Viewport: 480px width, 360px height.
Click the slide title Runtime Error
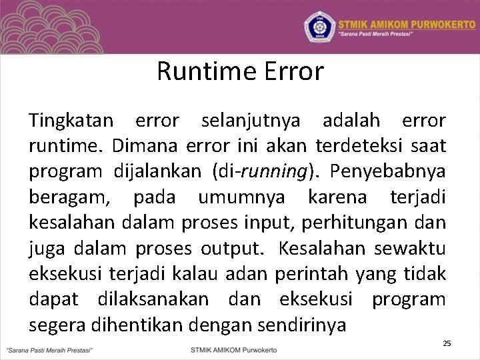[x=240, y=71]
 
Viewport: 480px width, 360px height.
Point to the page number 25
[x=447, y=343]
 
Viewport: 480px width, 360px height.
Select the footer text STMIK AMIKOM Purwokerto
[x=233, y=349]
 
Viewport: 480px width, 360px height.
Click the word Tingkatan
[x=71, y=121]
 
